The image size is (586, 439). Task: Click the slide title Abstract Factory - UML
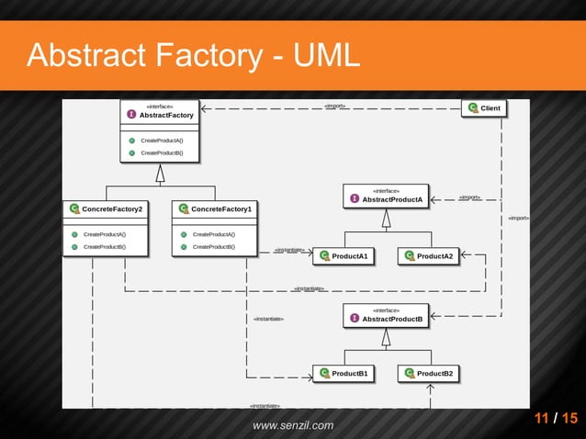(x=193, y=55)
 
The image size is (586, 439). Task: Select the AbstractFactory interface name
(x=166, y=116)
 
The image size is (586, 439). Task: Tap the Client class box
(x=483, y=108)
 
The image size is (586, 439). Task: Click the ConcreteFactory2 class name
(x=112, y=209)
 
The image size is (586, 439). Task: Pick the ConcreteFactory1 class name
(x=221, y=209)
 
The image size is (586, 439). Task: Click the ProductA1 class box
(x=345, y=256)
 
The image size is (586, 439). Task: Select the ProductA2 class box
(x=428, y=256)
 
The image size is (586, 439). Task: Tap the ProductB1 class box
(x=345, y=374)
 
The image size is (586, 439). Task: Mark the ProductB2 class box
(x=428, y=374)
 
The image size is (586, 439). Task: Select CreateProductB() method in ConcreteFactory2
(x=104, y=247)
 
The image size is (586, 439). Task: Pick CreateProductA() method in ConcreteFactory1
(x=213, y=234)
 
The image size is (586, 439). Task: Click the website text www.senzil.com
(x=293, y=425)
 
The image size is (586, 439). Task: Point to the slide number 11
(x=543, y=419)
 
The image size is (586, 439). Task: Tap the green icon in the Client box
(x=472, y=108)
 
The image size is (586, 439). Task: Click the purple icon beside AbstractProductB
(x=355, y=319)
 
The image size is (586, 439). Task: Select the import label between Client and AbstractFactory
(x=334, y=106)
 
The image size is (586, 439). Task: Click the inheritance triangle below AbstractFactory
(x=160, y=173)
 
